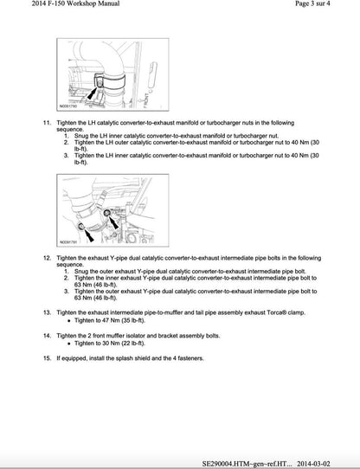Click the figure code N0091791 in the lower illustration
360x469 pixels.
click(x=70, y=242)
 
